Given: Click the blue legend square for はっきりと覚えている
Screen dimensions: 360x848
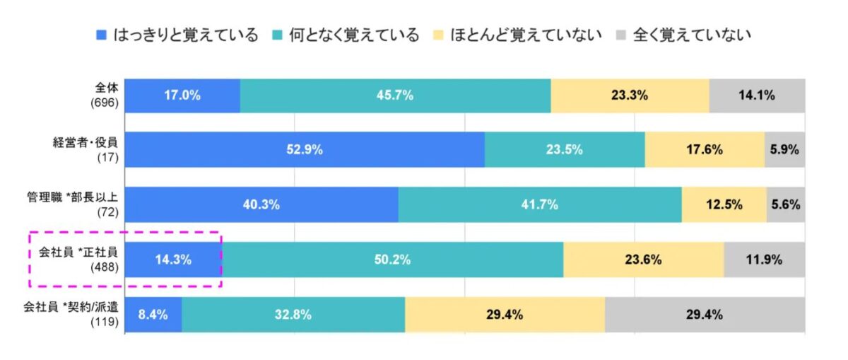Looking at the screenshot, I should [101, 35].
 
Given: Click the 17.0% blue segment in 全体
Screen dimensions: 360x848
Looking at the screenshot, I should [182, 95].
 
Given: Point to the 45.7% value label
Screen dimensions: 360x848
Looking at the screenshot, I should [396, 95].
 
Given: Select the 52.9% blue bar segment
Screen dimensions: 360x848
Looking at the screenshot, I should [305, 149].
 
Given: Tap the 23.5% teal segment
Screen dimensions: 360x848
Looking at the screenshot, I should [565, 149].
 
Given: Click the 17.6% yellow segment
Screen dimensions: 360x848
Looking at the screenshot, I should [705, 149].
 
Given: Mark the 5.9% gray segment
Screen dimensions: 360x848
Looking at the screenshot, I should [785, 149].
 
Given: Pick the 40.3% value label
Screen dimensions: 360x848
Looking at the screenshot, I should [261, 205].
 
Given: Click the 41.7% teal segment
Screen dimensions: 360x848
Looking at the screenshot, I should [540, 205].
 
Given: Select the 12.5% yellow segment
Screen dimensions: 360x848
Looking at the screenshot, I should [724, 205].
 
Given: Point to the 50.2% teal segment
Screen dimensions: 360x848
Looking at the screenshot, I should [393, 260].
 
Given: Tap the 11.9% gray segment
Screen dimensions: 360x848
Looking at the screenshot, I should [764, 260].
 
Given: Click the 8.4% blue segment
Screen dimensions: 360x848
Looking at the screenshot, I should [153, 315].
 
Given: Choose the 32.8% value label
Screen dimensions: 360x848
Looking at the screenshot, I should [293, 315].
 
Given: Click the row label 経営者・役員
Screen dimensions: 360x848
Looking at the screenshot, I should [87, 143].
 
